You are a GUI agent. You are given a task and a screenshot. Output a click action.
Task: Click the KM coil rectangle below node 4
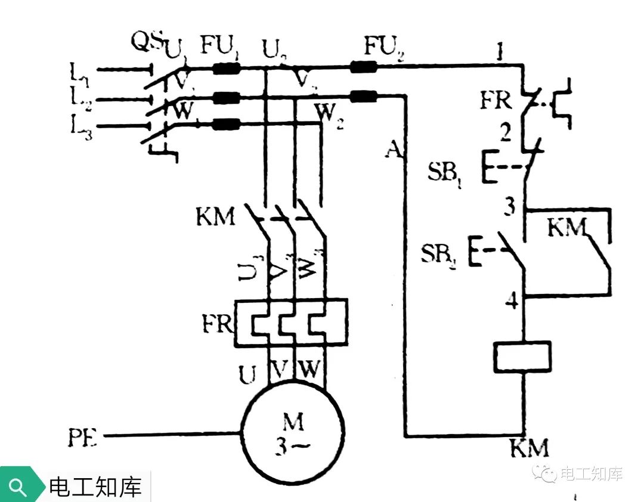pyautogui.click(x=522, y=357)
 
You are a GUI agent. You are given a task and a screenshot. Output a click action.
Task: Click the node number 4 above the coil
pyautogui.click(x=510, y=301)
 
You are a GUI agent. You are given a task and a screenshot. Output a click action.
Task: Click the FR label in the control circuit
pyautogui.click(x=496, y=101)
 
